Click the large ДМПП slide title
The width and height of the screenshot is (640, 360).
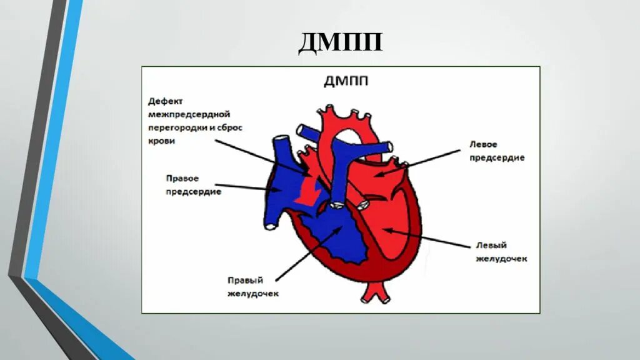click(340, 44)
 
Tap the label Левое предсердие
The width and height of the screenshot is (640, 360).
click(496, 151)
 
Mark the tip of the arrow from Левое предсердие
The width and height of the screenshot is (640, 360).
click(381, 176)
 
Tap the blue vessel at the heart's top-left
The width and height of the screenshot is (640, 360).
click(281, 149)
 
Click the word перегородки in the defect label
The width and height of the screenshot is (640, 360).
click(175, 127)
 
